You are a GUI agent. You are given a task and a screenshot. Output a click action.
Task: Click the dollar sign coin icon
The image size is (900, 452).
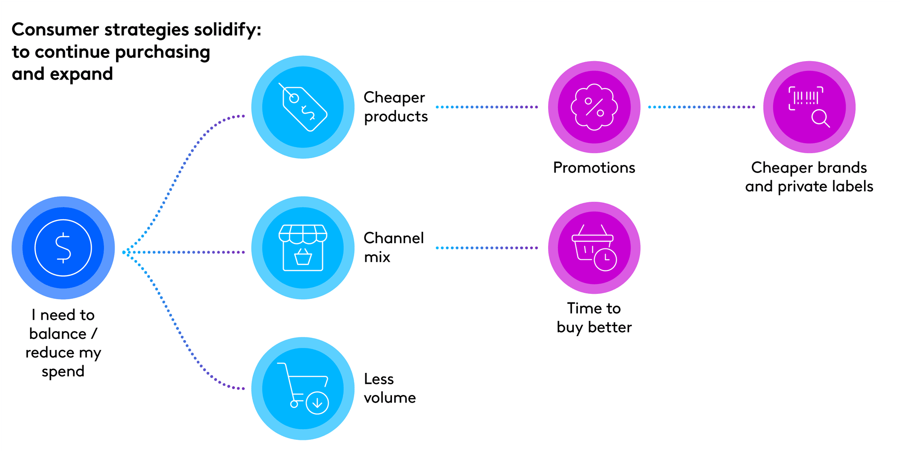[63, 248]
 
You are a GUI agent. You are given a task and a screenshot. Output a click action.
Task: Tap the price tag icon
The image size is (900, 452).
[303, 107]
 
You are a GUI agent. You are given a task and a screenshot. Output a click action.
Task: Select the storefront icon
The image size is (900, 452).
[303, 248]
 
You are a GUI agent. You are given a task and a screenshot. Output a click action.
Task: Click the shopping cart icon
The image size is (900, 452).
[303, 388]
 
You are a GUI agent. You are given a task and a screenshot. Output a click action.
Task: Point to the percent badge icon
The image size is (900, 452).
[594, 107]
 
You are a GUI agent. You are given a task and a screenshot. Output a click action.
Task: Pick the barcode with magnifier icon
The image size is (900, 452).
[809, 107]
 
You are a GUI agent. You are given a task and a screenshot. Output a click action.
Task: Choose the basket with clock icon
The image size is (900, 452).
[594, 248]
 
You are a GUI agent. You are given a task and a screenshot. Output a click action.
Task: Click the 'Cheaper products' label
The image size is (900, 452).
[396, 107]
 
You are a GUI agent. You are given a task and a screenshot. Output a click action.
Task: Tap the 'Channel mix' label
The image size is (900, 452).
[394, 248]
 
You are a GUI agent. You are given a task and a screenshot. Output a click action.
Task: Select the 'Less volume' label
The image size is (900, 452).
[390, 388]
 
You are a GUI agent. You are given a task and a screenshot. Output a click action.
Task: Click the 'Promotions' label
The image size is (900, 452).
[594, 168]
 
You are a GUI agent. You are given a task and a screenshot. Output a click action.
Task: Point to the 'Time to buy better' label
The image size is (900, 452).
[594, 318]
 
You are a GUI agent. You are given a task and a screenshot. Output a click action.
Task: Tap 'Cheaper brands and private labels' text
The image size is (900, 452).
[809, 177]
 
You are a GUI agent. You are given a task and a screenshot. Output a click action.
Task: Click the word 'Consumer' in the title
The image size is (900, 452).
[55, 30]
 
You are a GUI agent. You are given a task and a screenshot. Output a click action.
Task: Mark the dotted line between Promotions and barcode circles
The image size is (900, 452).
[702, 107]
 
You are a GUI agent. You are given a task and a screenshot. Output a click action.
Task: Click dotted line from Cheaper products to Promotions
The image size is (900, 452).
[487, 107]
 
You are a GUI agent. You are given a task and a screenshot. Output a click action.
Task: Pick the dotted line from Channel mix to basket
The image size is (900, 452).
[487, 248]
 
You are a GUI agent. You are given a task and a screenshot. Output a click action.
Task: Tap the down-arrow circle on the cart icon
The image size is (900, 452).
[317, 403]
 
